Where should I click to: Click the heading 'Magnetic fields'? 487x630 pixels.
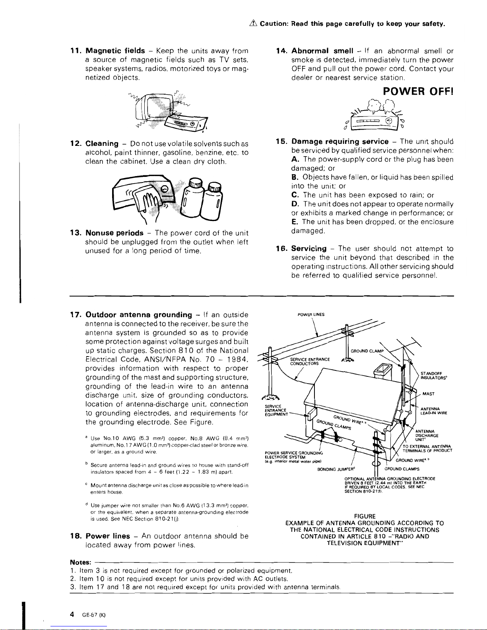(115, 51)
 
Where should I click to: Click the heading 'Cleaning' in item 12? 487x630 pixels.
(102, 143)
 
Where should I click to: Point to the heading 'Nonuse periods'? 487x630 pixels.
(114, 233)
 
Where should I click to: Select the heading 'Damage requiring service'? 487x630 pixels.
(340, 142)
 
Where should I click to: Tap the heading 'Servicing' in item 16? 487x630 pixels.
(309, 249)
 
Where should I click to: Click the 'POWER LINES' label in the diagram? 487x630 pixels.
(311, 314)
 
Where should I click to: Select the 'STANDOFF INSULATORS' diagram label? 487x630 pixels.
(429, 375)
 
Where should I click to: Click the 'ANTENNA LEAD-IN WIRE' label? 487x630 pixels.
(429, 411)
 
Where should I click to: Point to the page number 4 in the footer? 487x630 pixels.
(72, 614)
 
